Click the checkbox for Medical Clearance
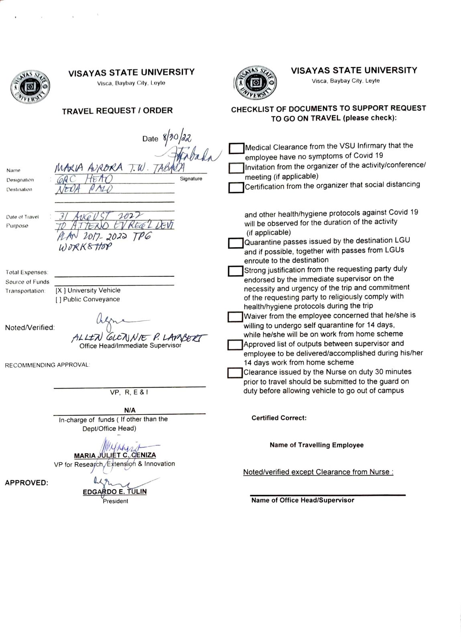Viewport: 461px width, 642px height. [x=237, y=148]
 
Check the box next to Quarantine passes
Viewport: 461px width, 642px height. [x=236, y=243]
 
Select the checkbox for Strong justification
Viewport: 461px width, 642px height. [x=236, y=271]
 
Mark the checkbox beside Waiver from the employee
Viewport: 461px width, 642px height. [x=235, y=317]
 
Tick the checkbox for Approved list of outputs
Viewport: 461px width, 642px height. [x=235, y=345]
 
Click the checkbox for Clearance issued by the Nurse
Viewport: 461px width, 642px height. [x=235, y=373]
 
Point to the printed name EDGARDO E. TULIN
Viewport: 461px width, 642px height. [x=115, y=492]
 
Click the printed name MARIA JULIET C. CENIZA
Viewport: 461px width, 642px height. [x=115, y=455]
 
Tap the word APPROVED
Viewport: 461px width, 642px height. [x=26, y=483]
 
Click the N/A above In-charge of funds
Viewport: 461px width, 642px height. [x=130, y=410]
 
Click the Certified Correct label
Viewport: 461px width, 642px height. [x=279, y=418]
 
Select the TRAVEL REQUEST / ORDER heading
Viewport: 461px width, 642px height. [x=117, y=111]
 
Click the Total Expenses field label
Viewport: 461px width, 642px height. [x=27, y=272]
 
